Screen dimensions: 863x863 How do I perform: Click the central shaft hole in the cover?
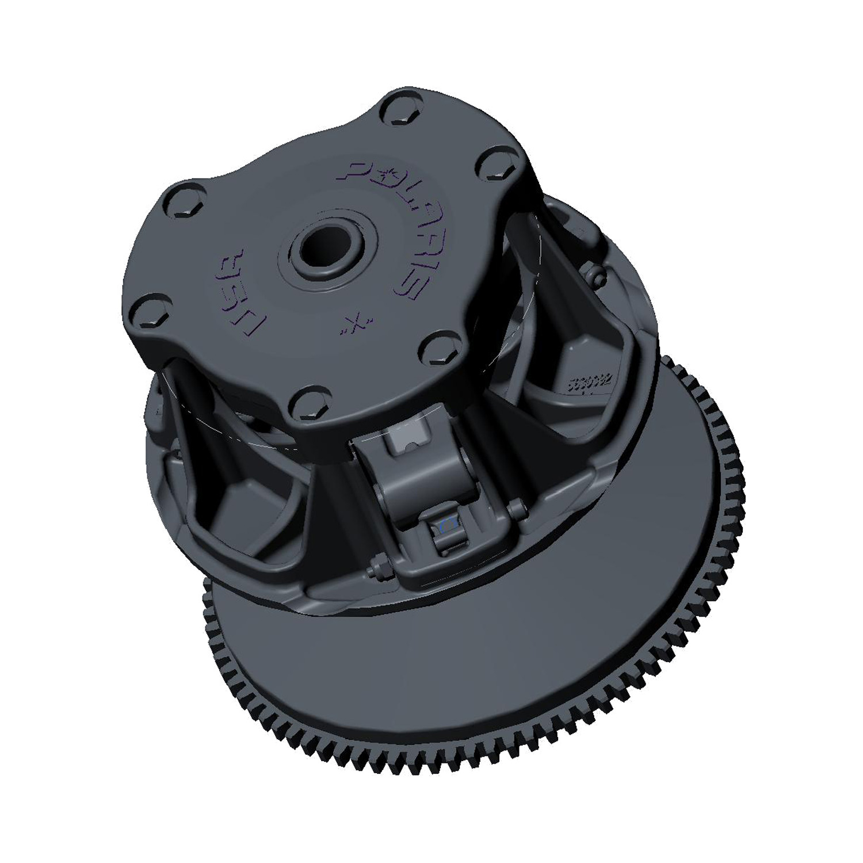[x=324, y=251]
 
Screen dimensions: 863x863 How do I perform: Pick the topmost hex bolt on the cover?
[x=396, y=110]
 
